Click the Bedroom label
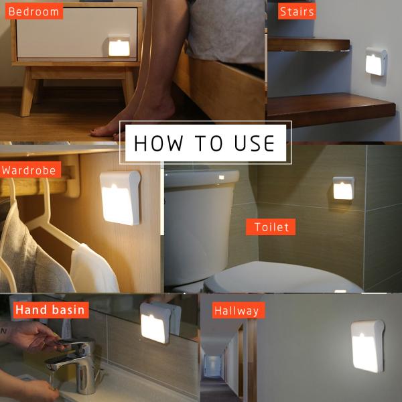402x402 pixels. point(33,11)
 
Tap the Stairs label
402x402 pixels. point(297,11)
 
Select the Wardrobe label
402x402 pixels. point(29,170)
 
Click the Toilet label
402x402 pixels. point(271,227)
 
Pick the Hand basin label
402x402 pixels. point(50,310)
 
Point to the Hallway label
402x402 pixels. point(237,311)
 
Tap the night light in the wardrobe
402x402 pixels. point(121,198)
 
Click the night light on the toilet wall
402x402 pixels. point(343,188)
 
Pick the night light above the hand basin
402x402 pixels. point(156,323)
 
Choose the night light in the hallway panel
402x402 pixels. point(366,345)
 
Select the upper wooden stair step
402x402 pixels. point(309,46)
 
